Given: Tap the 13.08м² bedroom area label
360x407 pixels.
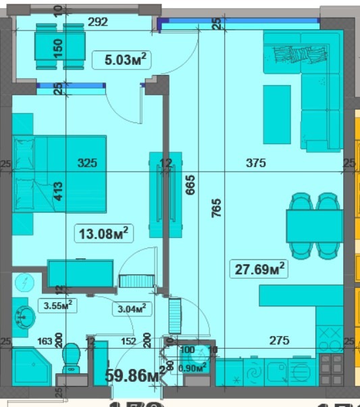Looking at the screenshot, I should [103, 234].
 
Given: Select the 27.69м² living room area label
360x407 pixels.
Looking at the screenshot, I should [259, 268].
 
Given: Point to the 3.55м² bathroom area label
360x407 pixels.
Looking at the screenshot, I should [57, 306].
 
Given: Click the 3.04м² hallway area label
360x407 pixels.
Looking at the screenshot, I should [130, 309].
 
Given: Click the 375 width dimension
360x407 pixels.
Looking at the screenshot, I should [255, 163].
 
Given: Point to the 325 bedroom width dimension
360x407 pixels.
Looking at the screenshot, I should [88, 163].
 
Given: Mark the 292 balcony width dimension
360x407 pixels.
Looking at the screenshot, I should [98, 22].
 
